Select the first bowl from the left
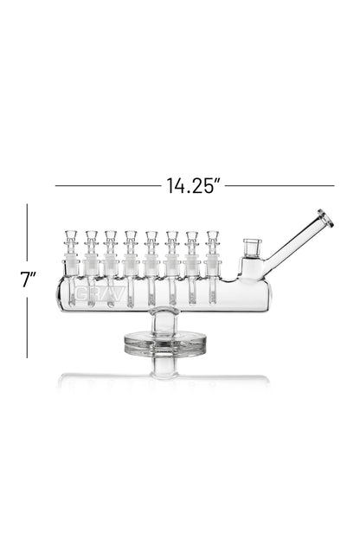[x=70, y=238]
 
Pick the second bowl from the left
[x=91, y=238]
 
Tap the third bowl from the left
[x=111, y=238]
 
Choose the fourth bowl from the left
[x=131, y=238]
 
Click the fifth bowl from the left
[x=151, y=238]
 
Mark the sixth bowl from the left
[x=171, y=238]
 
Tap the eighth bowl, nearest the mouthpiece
[x=212, y=238]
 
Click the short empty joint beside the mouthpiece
[x=251, y=249]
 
